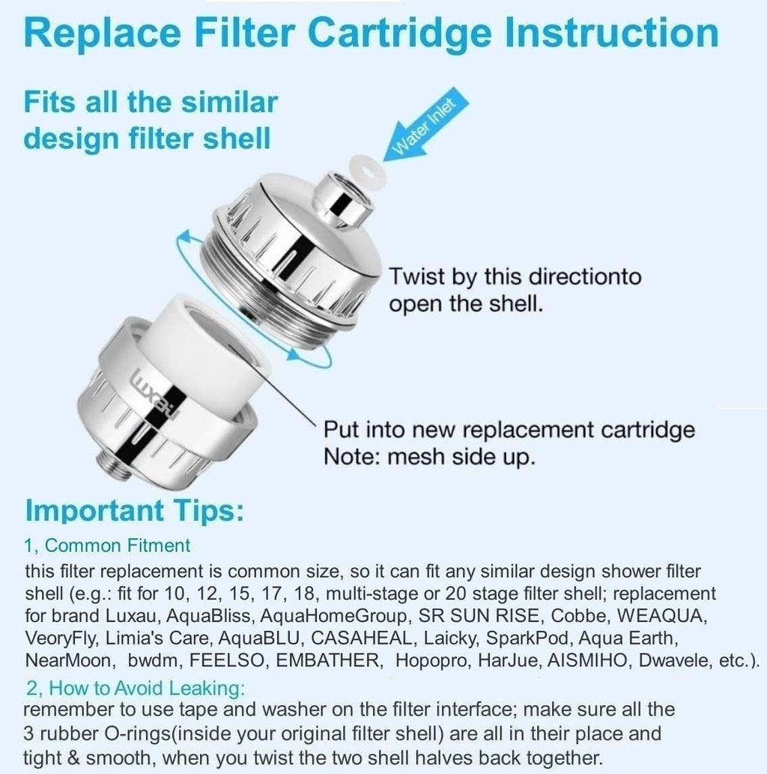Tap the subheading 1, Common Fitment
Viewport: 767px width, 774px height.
(108, 545)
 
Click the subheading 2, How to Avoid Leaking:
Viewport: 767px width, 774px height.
(136, 688)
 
